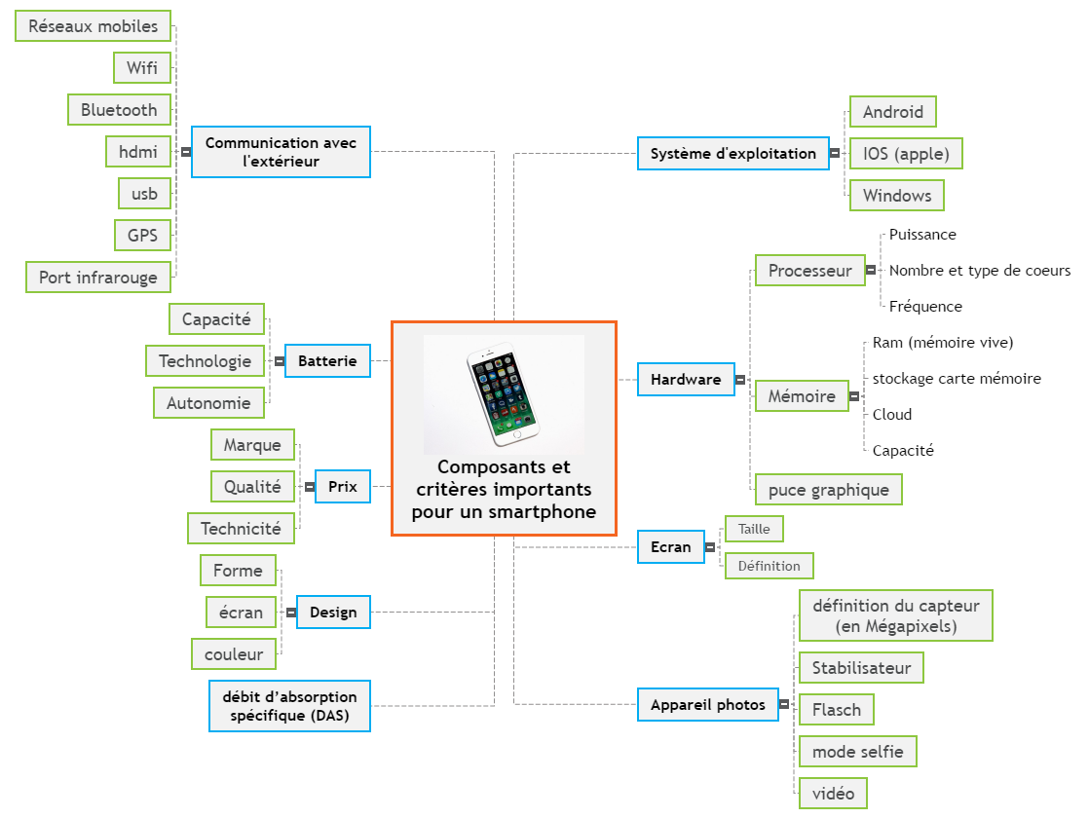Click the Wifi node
pyautogui.click(x=142, y=68)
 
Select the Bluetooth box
pyautogui.click(x=119, y=110)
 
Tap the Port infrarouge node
pyautogui.click(x=98, y=278)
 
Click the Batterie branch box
pyautogui.click(x=327, y=361)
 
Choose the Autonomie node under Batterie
pyautogui.click(x=208, y=403)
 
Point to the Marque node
pyautogui.click(x=252, y=445)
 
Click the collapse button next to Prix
pyautogui.click(x=309, y=487)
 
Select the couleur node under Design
pyautogui.click(x=234, y=654)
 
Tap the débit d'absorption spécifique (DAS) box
pyautogui.click(x=289, y=706)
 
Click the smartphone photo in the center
pyautogui.click(x=504, y=393)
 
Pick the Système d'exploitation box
pyautogui.click(x=732, y=154)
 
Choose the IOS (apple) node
pyautogui.click(x=906, y=154)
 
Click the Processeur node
pyautogui.click(x=809, y=271)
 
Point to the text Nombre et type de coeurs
pyautogui.click(x=979, y=271)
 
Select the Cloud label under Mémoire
pyautogui.click(x=892, y=415)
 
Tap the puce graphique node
pyautogui.click(x=828, y=490)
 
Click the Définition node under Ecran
pyautogui.click(x=769, y=566)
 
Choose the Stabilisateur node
pyautogui.click(x=861, y=668)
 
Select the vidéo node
pyautogui.click(x=833, y=794)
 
